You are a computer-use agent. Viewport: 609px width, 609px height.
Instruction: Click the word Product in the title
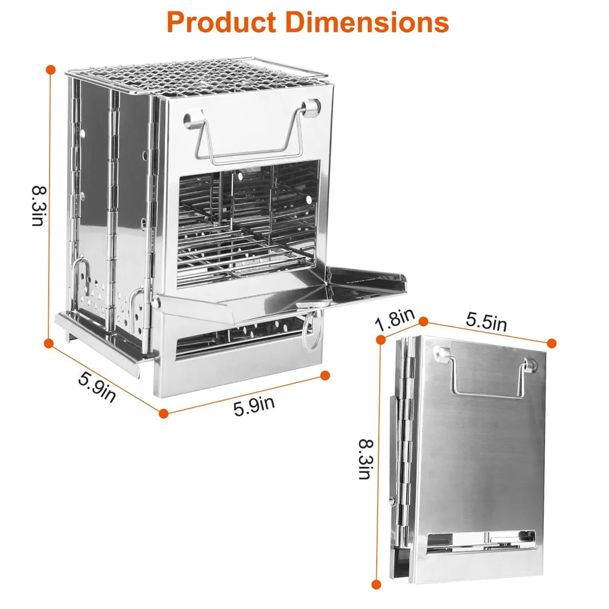[221, 22]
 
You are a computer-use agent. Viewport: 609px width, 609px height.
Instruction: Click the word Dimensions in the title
[366, 22]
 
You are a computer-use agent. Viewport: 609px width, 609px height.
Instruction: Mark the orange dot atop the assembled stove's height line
[51, 70]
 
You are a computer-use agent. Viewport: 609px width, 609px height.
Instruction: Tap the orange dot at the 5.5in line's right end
[552, 343]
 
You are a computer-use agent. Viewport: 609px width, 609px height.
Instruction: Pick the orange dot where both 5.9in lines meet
[164, 412]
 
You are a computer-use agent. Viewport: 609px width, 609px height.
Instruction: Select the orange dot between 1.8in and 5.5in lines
[423, 322]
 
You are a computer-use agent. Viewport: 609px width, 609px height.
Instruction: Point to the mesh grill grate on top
[197, 78]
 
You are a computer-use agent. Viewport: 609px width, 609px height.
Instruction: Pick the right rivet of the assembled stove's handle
[310, 107]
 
